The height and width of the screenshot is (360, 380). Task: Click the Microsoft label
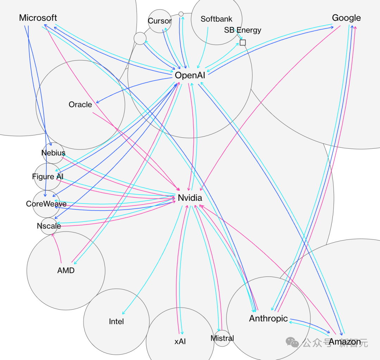(x=38, y=18)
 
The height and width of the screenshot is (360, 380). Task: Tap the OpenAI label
(x=190, y=75)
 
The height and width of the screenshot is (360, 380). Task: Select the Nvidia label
(x=190, y=198)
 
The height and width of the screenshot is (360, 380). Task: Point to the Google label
(x=346, y=18)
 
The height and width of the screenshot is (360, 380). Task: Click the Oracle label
(x=80, y=105)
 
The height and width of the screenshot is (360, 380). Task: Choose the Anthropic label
(x=268, y=318)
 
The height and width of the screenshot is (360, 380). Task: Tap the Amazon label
(x=345, y=342)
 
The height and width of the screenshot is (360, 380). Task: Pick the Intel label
(x=116, y=321)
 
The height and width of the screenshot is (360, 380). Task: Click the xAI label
(x=180, y=342)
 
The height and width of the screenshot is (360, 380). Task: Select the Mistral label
(x=222, y=338)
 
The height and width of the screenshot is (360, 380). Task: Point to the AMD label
(x=66, y=271)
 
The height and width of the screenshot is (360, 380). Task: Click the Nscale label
(x=49, y=226)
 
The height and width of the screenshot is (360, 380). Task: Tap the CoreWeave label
(x=46, y=204)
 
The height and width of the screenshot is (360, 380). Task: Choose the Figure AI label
(x=48, y=176)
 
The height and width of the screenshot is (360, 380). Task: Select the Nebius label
(x=53, y=153)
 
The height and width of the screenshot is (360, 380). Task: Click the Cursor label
(x=160, y=21)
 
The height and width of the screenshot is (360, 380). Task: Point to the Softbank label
(x=216, y=19)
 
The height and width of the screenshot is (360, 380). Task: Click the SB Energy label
(x=242, y=30)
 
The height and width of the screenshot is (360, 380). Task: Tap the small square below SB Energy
(x=242, y=43)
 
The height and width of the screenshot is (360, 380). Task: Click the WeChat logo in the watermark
(x=292, y=342)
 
